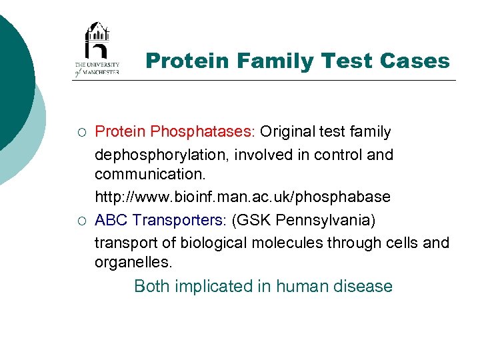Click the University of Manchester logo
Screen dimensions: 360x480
point(97,49)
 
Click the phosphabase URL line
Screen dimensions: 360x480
point(242,198)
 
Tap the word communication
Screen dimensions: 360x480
point(151,176)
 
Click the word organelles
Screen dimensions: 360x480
point(133,263)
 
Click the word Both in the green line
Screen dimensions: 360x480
point(152,287)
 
